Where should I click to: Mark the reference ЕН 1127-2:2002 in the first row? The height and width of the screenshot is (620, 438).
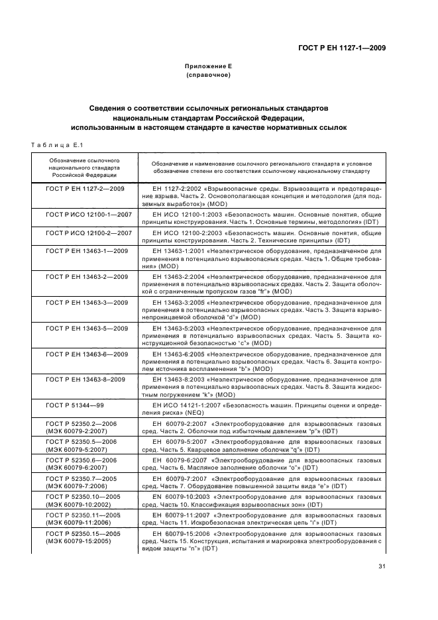174,189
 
